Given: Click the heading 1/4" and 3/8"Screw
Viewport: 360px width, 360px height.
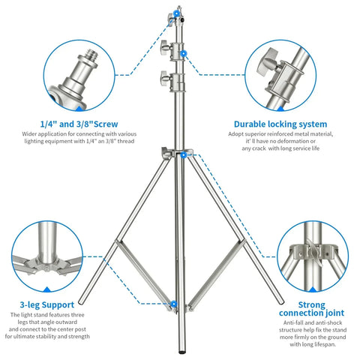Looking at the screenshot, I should (77, 124).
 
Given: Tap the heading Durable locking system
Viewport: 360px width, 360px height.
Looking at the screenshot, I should (280, 124).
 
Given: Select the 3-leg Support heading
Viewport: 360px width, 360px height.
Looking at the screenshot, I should (46, 305).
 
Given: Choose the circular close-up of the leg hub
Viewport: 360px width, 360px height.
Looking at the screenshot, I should (46, 259).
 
